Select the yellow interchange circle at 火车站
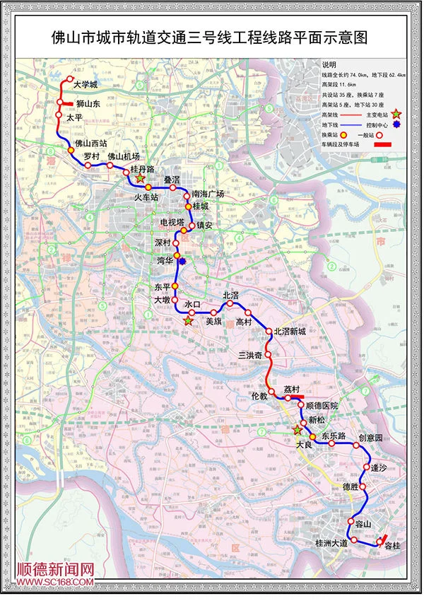(149, 187)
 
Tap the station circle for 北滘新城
(269, 332)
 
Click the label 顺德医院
(321, 407)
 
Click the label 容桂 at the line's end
(391, 546)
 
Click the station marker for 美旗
(213, 312)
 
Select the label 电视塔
(171, 222)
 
